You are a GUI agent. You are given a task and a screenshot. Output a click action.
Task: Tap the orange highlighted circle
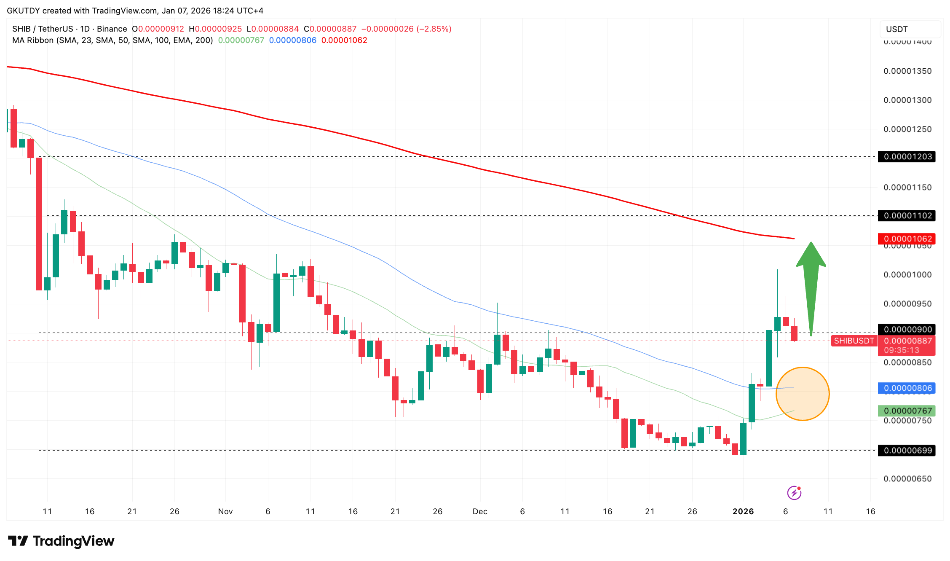(802, 394)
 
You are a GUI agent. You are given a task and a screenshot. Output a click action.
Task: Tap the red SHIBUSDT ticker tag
(854, 341)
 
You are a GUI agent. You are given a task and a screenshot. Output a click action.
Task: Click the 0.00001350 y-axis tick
(907, 71)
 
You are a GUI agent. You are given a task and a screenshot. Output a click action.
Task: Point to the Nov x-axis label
(225, 511)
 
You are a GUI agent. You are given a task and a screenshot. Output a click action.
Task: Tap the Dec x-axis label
(480, 511)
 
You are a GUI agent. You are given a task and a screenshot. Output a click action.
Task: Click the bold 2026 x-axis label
(743, 511)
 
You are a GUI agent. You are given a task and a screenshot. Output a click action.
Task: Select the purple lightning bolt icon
(794, 492)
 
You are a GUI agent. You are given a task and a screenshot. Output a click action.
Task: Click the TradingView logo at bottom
(61, 541)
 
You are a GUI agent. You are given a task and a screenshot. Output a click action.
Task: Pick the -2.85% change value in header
(434, 29)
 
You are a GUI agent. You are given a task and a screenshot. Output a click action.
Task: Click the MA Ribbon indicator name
(33, 40)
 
